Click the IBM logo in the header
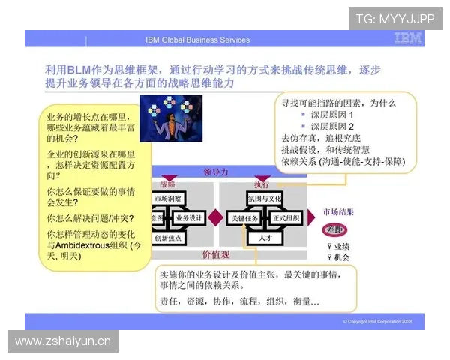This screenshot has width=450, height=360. tap(407, 39)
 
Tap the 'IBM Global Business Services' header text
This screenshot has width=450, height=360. tap(198, 40)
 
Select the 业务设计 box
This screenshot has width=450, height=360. tap(189, 217)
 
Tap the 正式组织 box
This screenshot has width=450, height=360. tap(286, 217)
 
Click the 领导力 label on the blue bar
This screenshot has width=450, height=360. tap(215, 172)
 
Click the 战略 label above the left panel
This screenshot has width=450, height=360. tap(168, 184)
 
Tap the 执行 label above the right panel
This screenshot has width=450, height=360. tap(261, 184)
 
